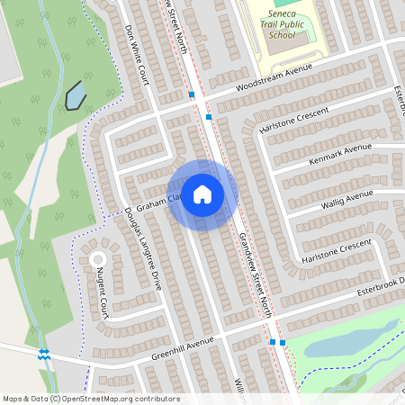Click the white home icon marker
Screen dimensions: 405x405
point(202,193)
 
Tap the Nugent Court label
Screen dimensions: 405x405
point(103,296)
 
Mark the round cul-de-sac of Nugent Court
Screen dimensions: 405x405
point(97,259)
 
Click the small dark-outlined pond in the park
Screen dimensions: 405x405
point(76,94)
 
